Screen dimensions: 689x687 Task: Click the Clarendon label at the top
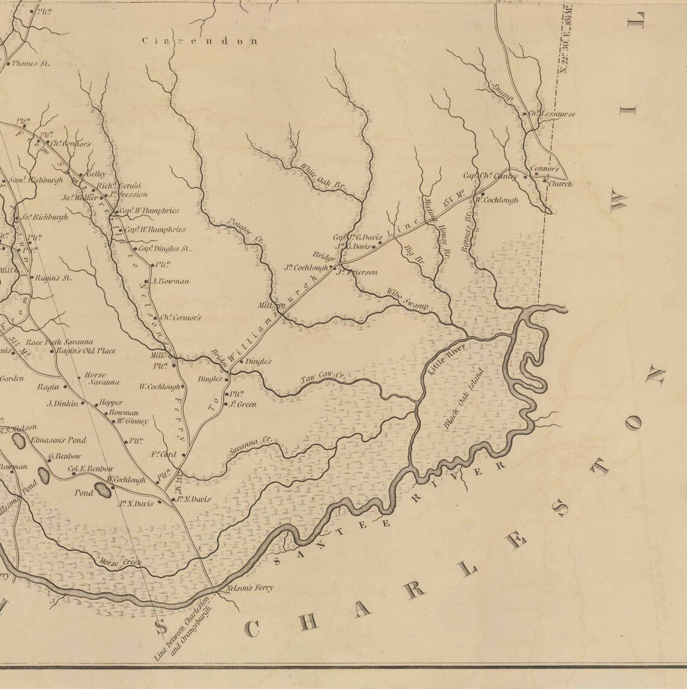[199, 42]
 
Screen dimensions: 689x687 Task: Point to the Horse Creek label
[122, 563]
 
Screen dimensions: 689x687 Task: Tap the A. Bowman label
[171, 281]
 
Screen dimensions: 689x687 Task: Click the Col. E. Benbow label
[91, 469]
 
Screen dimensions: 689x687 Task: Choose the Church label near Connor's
[559, 184]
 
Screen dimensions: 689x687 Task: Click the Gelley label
[96, 173]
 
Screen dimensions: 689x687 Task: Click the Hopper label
[111, 402]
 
